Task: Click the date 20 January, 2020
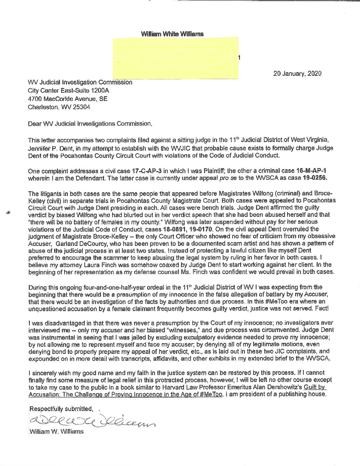point(297,73)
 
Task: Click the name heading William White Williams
point(172,34)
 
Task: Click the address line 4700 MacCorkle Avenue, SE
point(67,99)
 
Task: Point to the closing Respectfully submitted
point(61,409)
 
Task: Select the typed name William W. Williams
point(56,432)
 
